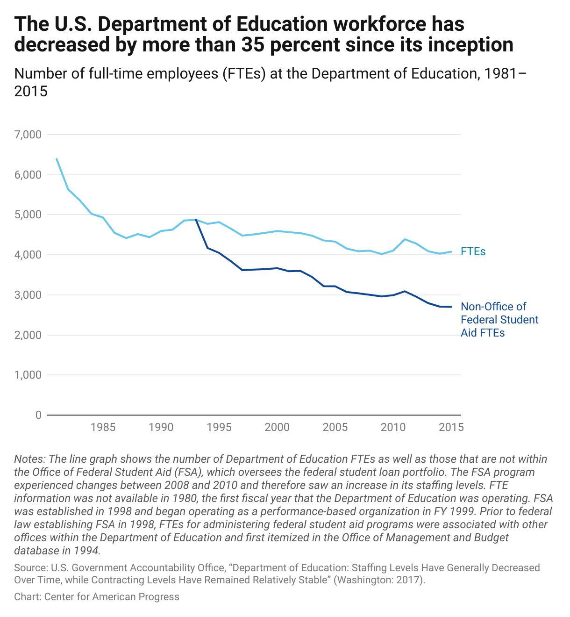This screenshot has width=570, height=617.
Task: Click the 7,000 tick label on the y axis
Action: coord(28,135)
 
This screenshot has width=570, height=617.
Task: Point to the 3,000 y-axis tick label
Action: coord(28,295)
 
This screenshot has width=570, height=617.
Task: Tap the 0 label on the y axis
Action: coord(38,415)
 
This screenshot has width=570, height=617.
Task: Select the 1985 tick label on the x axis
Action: coord(103,427)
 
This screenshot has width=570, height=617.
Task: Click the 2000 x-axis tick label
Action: coord(277,427)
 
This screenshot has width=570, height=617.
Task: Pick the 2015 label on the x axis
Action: coord(451,427)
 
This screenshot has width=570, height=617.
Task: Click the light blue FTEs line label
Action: coord(473,251)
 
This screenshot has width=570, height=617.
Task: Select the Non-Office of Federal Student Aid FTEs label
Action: coord(499,320)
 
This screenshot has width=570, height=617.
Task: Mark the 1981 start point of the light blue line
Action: coord(57,159)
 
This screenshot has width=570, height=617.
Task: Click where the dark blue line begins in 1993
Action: coord(196,219)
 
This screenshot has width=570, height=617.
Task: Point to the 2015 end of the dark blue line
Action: coord(451,307)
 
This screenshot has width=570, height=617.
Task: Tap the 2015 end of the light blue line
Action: coord(451,251)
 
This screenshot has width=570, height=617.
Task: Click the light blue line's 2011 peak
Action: coord(405,239)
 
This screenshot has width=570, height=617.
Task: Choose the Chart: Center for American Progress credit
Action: coord(97,597)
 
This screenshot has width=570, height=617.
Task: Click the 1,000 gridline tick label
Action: coord(28,375)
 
